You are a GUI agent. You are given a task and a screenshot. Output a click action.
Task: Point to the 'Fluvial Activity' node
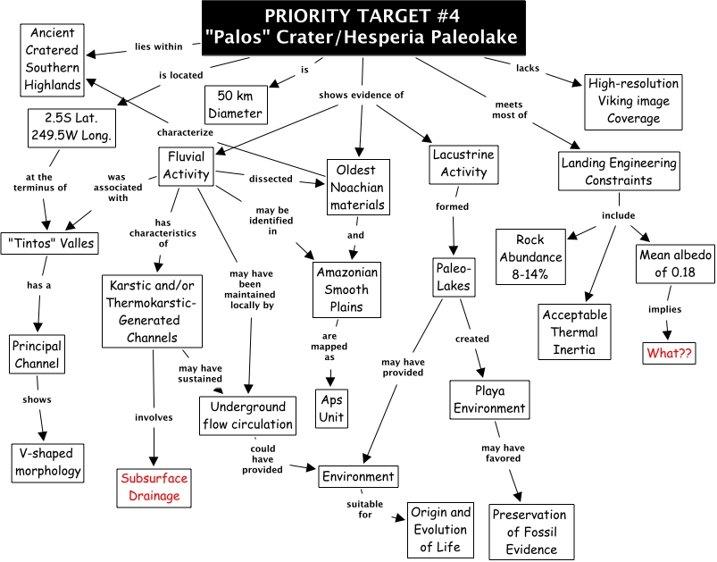[x=186, y=166]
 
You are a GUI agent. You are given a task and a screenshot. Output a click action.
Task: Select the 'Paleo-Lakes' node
[x=454, y=276]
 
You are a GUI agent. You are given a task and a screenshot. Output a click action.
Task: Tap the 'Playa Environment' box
[x=488, y=399]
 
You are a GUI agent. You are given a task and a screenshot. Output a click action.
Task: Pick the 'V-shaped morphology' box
[x=48, y=461]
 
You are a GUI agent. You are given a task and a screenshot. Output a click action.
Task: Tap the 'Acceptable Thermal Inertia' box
[x=575, y=331]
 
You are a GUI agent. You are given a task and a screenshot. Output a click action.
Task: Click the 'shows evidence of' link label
[x=362, y=96]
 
